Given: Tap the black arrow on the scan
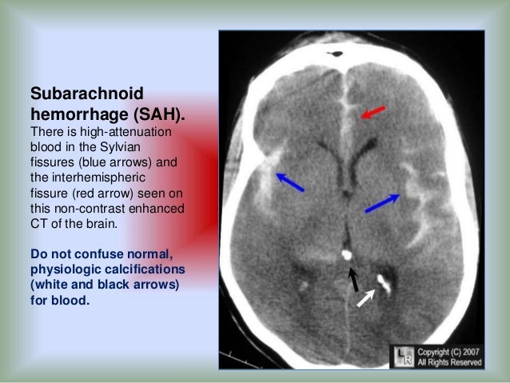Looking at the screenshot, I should [353, 279].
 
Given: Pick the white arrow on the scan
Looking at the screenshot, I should [365, 297].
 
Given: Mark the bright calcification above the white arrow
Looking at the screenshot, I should [382, 281].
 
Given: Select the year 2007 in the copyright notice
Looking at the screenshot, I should [468, 351].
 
